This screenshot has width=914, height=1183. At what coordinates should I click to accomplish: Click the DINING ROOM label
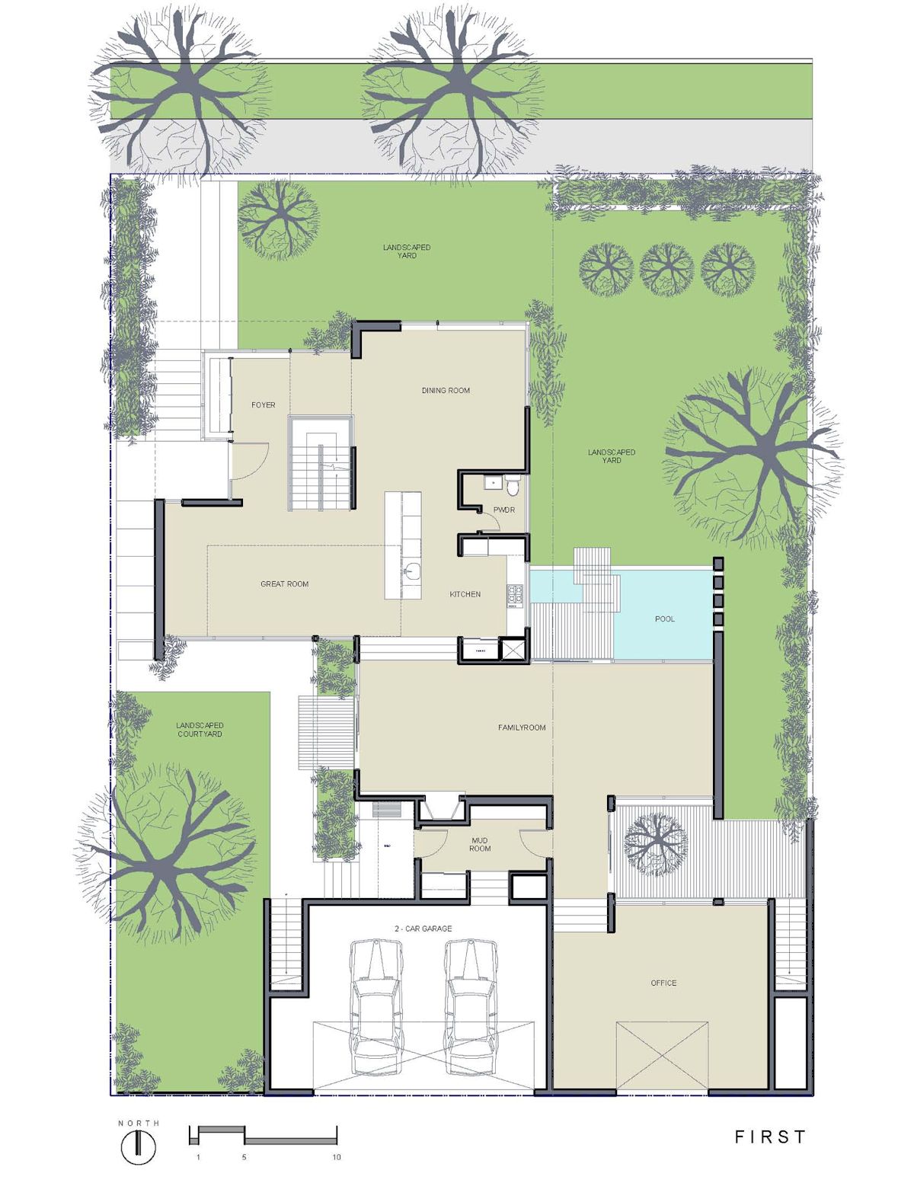coord(446,390)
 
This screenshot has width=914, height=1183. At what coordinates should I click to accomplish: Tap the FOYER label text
coord(263,405)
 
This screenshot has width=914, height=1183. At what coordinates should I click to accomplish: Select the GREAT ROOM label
coord(284,584)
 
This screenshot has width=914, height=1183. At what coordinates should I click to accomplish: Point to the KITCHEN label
coord(465,594)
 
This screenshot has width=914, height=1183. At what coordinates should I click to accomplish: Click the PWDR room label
coord(503,510)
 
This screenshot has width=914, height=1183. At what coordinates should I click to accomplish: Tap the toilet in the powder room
coord(513,485)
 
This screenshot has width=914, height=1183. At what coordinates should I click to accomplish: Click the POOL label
coord(665,619)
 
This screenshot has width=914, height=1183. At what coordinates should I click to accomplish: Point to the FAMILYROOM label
coord(522,727)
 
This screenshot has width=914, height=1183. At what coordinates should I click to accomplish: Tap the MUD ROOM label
coord(480,844)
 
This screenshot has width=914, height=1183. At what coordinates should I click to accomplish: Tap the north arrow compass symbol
coord(139,1146)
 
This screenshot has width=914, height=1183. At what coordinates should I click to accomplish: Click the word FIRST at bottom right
coord(770,1137)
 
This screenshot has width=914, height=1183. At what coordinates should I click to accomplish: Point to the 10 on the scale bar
coord(337,1157)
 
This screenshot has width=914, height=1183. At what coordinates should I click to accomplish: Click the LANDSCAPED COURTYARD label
coord(200,730)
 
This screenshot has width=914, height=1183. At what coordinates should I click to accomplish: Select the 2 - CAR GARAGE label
coord(423,929)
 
